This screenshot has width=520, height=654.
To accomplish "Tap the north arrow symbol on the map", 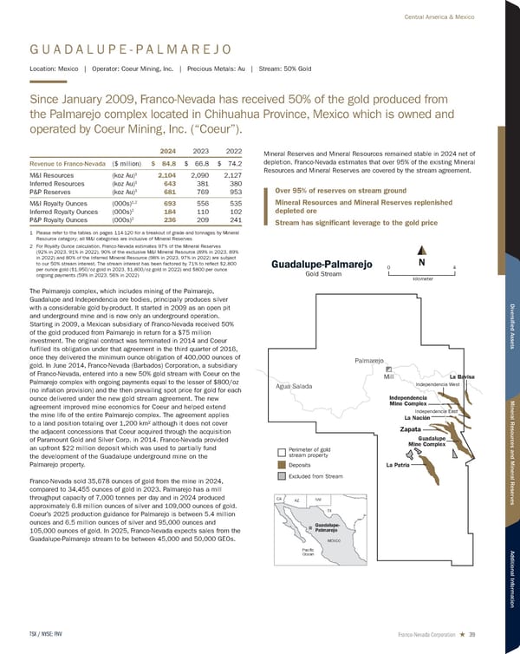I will pos(420,263).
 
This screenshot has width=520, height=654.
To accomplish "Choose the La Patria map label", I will pos(398,466).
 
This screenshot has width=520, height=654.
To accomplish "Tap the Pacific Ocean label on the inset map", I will pos(283,551).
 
